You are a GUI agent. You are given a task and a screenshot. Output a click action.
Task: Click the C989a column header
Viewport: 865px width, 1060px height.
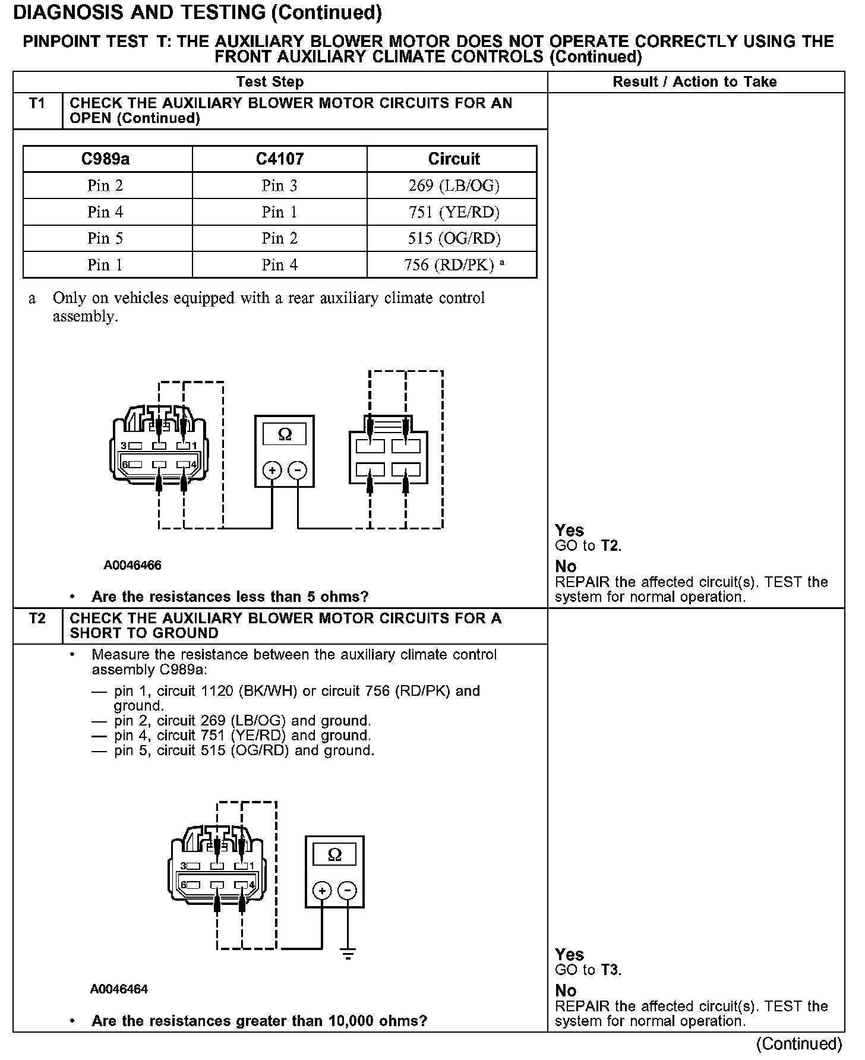tap(106, 159)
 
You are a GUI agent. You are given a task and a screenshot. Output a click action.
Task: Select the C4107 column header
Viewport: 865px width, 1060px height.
tap(279, 159)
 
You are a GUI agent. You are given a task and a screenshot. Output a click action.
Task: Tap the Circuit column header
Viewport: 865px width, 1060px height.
tap(454, 159)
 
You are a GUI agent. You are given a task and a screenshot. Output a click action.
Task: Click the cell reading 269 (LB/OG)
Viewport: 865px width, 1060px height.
tap(454, 186)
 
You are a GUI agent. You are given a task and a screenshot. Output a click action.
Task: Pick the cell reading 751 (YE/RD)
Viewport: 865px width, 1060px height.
tap(454, 212)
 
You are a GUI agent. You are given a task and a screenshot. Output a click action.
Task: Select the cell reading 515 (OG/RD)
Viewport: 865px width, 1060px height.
tap(454, 238)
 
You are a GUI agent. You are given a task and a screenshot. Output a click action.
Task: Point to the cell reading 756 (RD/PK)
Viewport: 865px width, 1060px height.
tap(449, 265)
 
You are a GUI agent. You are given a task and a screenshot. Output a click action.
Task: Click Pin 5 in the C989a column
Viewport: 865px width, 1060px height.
tap(105, 238)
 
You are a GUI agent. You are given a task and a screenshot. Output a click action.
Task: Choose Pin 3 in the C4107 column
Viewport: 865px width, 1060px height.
tap(279, 186)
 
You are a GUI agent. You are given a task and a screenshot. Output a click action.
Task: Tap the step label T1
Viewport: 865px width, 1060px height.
tap(37, 104)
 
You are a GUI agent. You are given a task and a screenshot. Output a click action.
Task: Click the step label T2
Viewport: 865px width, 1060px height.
tap(37, 619)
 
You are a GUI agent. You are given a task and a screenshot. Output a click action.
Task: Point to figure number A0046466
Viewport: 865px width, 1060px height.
tap(132, 565)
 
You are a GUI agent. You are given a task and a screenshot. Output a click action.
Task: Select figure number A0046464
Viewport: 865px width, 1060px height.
tap(119, 989)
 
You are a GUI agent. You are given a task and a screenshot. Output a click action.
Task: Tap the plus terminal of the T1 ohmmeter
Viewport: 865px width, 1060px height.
tap(272, 471)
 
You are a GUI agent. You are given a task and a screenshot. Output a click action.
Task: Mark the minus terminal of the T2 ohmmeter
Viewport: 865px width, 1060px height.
tap(348, 891)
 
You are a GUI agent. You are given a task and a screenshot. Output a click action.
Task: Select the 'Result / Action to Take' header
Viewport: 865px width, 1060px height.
tap(694, 82)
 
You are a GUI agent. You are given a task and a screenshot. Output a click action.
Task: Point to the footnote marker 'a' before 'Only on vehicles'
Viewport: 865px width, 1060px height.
tap(33, 299)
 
